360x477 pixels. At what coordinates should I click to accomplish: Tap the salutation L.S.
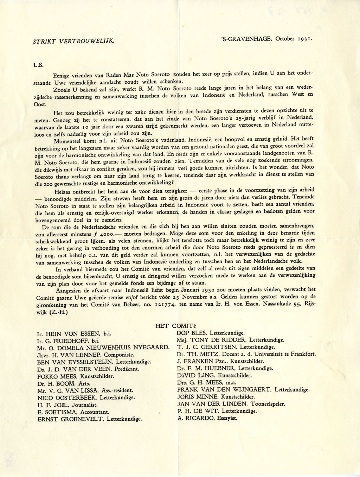point(38,65)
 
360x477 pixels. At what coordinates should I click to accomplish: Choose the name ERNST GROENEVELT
point(70,419)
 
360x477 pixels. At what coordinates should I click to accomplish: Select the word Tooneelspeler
point(268,404)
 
